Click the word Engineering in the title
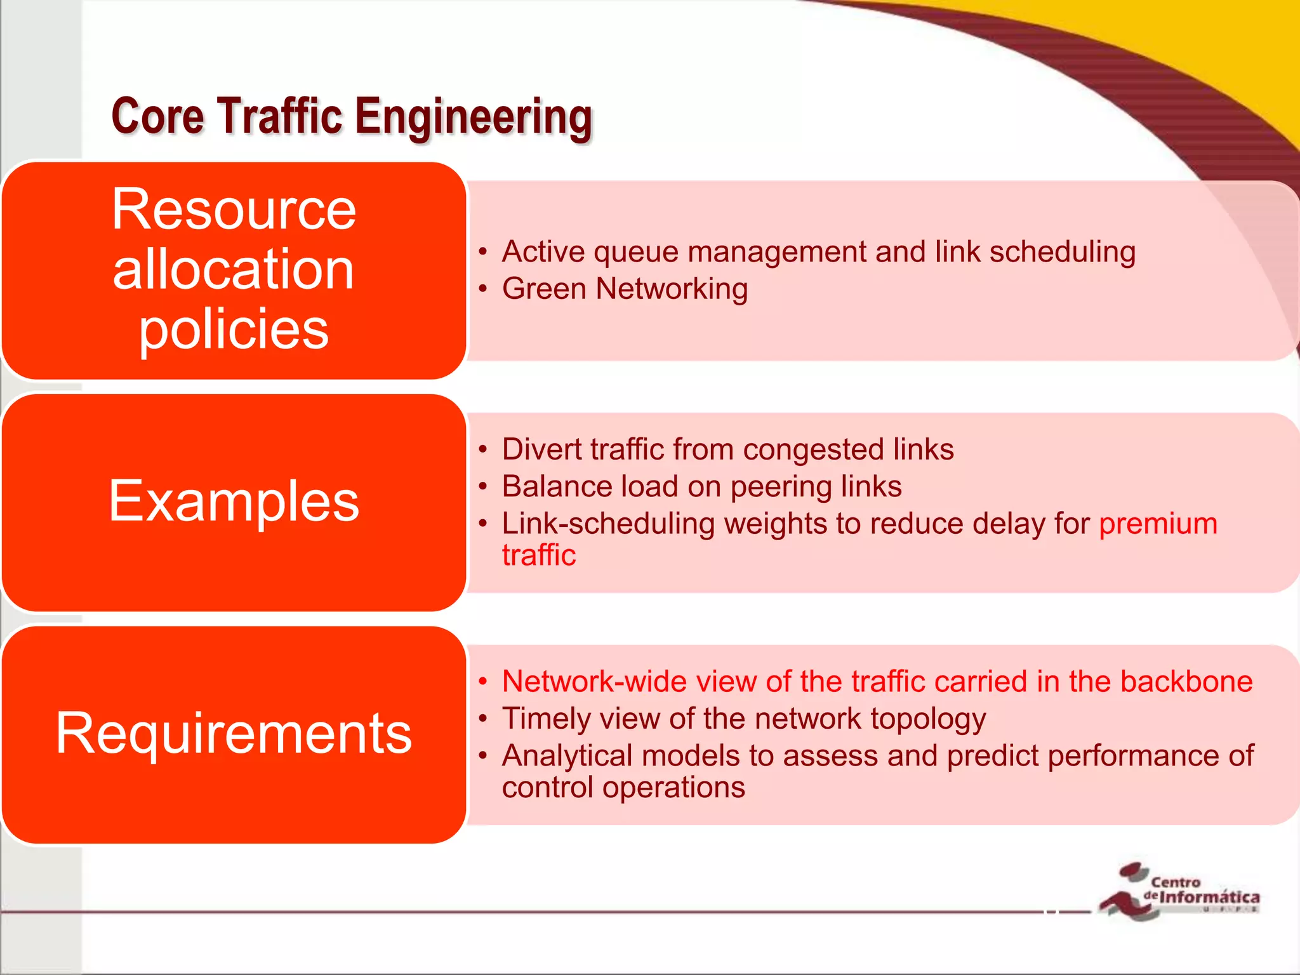[473, 117]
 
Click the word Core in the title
[157, 116]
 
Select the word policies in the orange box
[234, 329]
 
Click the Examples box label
[234, 501]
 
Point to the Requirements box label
[234, 733]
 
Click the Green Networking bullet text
[625, 289]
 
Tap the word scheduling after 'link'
[1062, 253]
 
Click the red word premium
[1158, 524]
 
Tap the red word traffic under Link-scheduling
[538, 555]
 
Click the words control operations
[623, 788]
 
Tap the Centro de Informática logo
[1179, 891]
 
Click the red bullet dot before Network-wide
[483, 682]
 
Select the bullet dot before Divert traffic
[483, 450]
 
